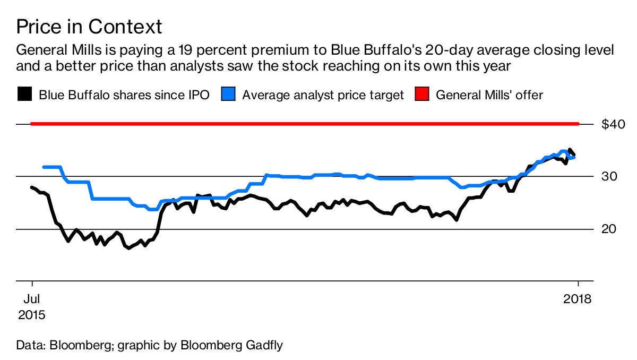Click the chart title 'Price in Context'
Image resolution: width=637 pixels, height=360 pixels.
89,26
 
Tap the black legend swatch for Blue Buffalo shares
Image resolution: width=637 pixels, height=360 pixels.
24,95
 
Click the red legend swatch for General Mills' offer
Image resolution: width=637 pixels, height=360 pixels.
421,95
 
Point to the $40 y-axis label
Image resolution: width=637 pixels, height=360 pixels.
613,124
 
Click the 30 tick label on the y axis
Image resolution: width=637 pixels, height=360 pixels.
609,176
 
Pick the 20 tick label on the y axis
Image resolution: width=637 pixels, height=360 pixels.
609,229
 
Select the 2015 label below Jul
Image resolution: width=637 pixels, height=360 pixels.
32,314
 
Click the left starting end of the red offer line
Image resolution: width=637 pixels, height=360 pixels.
32,124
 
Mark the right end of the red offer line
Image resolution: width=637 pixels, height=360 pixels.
578,124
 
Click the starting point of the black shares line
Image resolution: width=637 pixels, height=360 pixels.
32,187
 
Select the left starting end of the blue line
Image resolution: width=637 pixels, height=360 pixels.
44,167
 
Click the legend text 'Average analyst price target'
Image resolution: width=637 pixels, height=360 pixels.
323,95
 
